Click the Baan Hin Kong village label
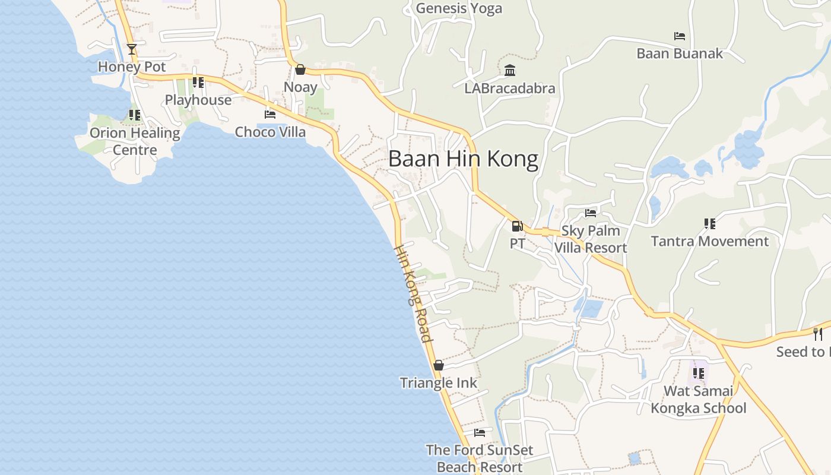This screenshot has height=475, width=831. (x=463, y=159)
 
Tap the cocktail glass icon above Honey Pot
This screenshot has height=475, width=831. (x=132, y=49)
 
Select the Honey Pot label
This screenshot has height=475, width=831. (x=132, y=66)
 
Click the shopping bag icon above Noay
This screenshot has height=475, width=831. (x=300, y=70)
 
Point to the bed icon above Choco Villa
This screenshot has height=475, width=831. (x=270, y=115)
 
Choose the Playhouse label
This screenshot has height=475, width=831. (x=198, y=100)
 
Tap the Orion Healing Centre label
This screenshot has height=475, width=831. (x=135, y=141)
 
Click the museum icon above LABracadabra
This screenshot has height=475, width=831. (x=510, y=71)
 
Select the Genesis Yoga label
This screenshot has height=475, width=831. (x=459, y=8)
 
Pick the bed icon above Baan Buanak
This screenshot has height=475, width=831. (x=680, y=36)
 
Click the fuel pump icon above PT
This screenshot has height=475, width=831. (x=517, y=226)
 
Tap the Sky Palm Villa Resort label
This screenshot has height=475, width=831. (x=591, y=239)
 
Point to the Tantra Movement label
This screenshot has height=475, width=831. (x=709, y=242)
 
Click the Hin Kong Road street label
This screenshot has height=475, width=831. (x=413, y=293)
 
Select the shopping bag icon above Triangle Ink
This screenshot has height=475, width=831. (x=439, y=366)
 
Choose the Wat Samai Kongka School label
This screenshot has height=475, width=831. (x=698, y=400)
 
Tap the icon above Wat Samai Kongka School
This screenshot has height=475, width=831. (x=699, y=373)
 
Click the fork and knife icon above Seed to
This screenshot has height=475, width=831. (x=818, y=334)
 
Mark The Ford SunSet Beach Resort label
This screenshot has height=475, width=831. (x=480, y=458)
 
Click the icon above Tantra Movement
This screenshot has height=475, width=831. (x=709, y=224)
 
